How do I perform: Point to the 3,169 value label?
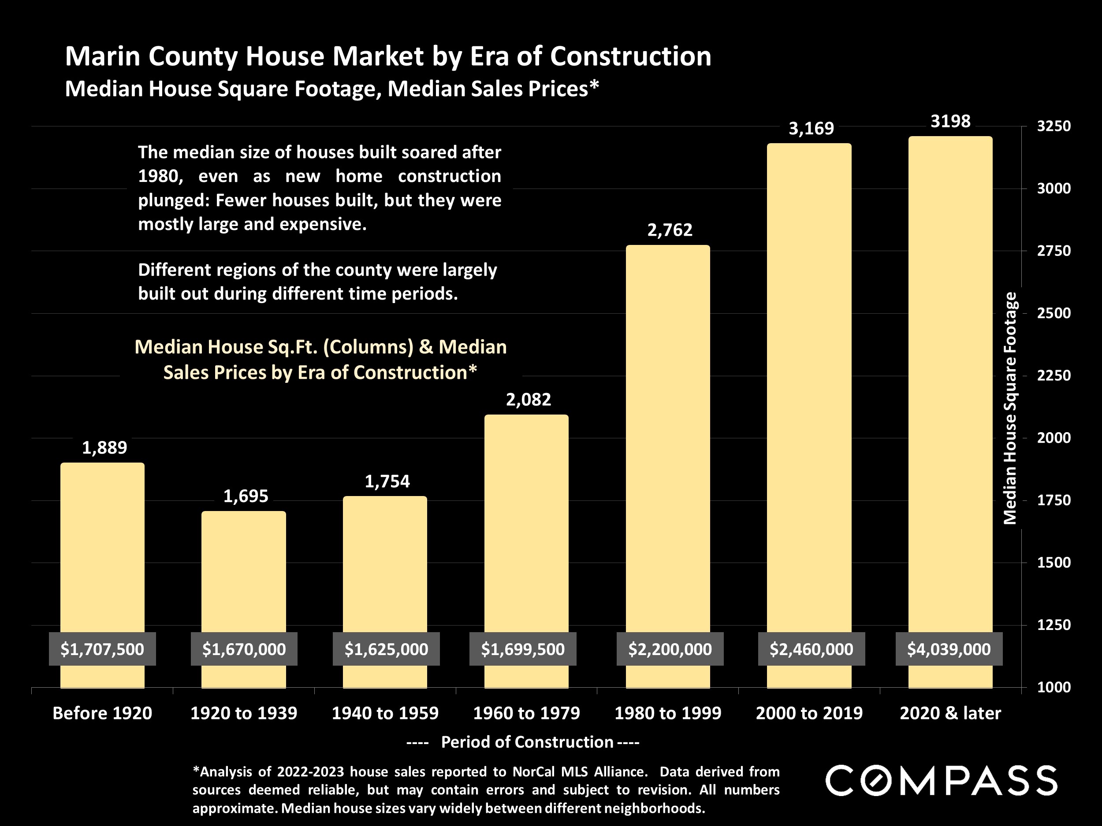pyautogui.click(x=811, y=129)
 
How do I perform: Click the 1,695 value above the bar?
pyautogui.click(x=245, y=496)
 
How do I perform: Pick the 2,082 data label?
pyautogui.click(x=528, y=399)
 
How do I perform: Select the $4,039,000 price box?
pyautogui.click(x=949, y=649)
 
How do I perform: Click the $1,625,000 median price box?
pyautogui.click(x=386, y=649)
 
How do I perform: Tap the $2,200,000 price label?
pyautogui.click(x=670, y=649)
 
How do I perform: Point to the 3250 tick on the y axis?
pyautogui.click(x=1053, y=126)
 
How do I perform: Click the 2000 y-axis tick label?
pyautogui.click(x=1053, y=437)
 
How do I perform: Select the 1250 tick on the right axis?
pyautogui.click(x=1053, y=625)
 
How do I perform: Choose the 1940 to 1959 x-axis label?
pyautogui.click(x=385, y=713)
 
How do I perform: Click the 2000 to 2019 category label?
pyautogui.click(x=809, y=713)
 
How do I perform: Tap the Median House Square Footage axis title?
pyautogui.click(x=1010, y=408)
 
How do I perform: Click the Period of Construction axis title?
pyautogui.click(x=527, y=742)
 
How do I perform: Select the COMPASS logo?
pyautogui.click(x=941, y=781)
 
